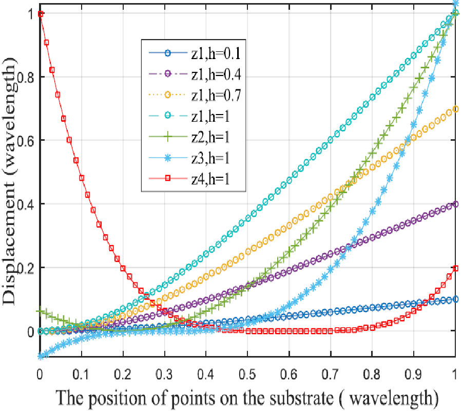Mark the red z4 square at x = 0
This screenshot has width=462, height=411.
click(x=40, y=14)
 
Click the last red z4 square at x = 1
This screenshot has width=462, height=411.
click(x=455, y=268)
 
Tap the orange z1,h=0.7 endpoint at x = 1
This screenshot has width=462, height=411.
click(x=455, y=109)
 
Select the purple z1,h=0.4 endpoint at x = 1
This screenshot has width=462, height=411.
click(x=455, y=204)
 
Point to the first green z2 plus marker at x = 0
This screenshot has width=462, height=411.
click(x=40, y=311)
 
